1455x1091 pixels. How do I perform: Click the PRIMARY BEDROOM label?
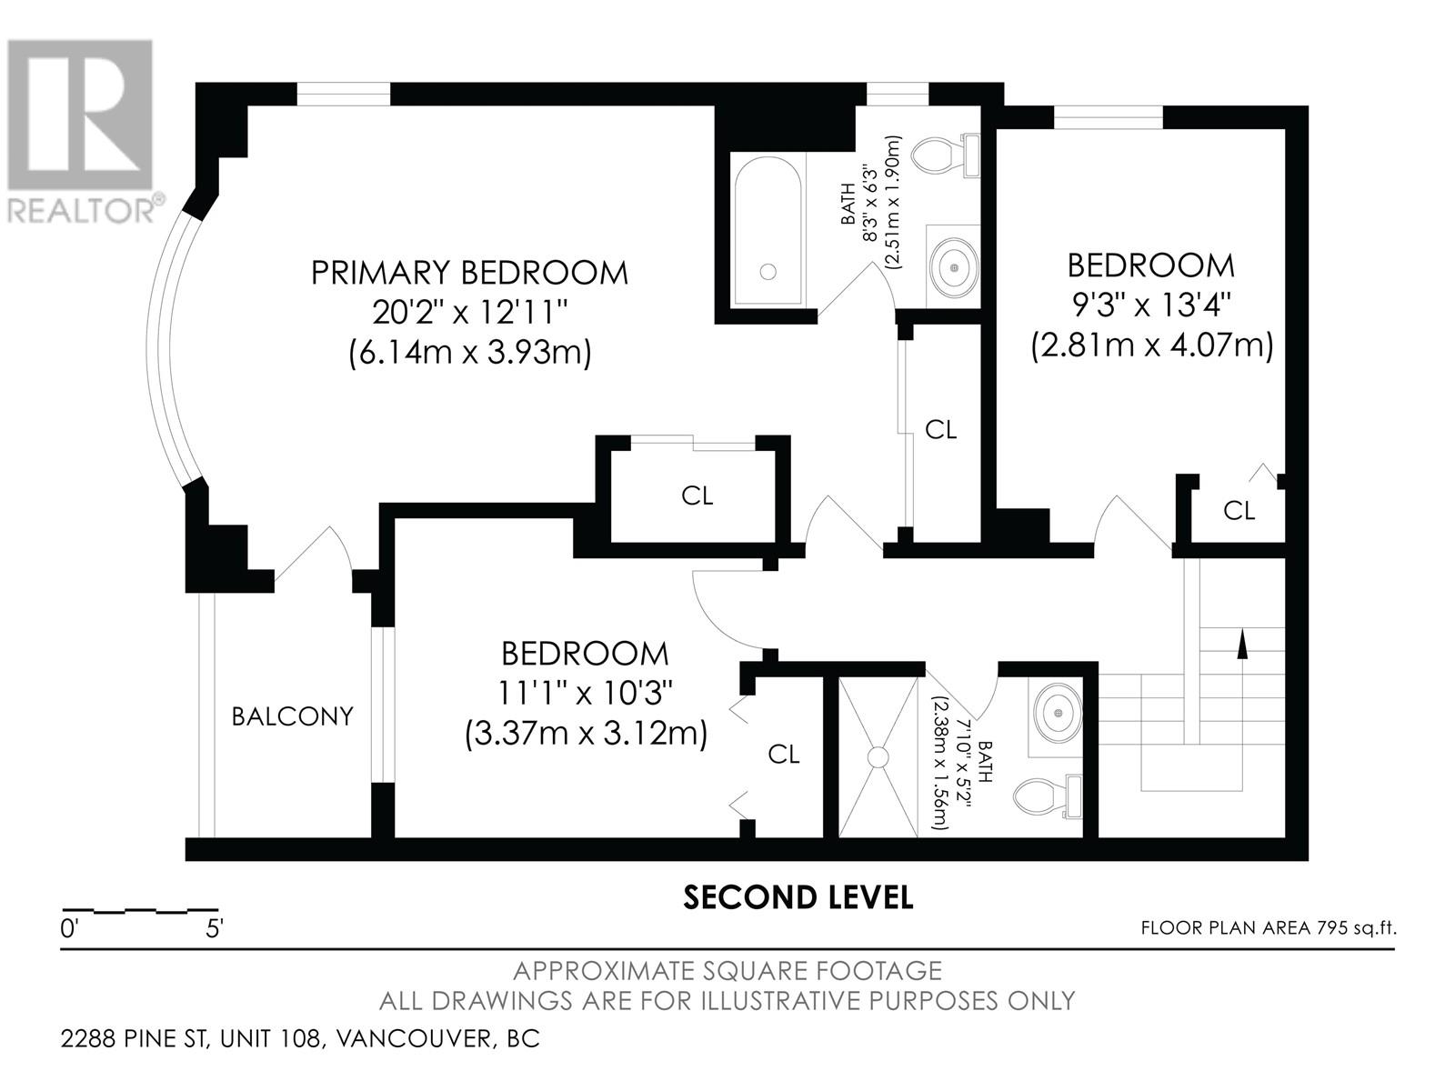click(469, 273)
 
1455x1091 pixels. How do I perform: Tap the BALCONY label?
click(292, 716)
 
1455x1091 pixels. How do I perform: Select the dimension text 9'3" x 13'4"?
click(1151, 306)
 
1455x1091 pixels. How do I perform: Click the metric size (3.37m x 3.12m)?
click(586, 734)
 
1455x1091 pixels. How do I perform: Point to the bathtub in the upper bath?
click(768, 231)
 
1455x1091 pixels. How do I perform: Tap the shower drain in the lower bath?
click(878, 758)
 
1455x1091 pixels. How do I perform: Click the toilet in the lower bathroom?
click(1048, 796)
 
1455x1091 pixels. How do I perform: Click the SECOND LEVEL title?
click(798, 897)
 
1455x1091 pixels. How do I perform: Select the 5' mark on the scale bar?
click(214, 928)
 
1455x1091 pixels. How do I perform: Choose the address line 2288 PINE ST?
click(135, 1038)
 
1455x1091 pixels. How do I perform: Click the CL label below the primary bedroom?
click(697, 495)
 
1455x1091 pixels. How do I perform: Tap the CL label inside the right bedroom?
click(1239, 510)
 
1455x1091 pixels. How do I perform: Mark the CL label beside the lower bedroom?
click(784, 754)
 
